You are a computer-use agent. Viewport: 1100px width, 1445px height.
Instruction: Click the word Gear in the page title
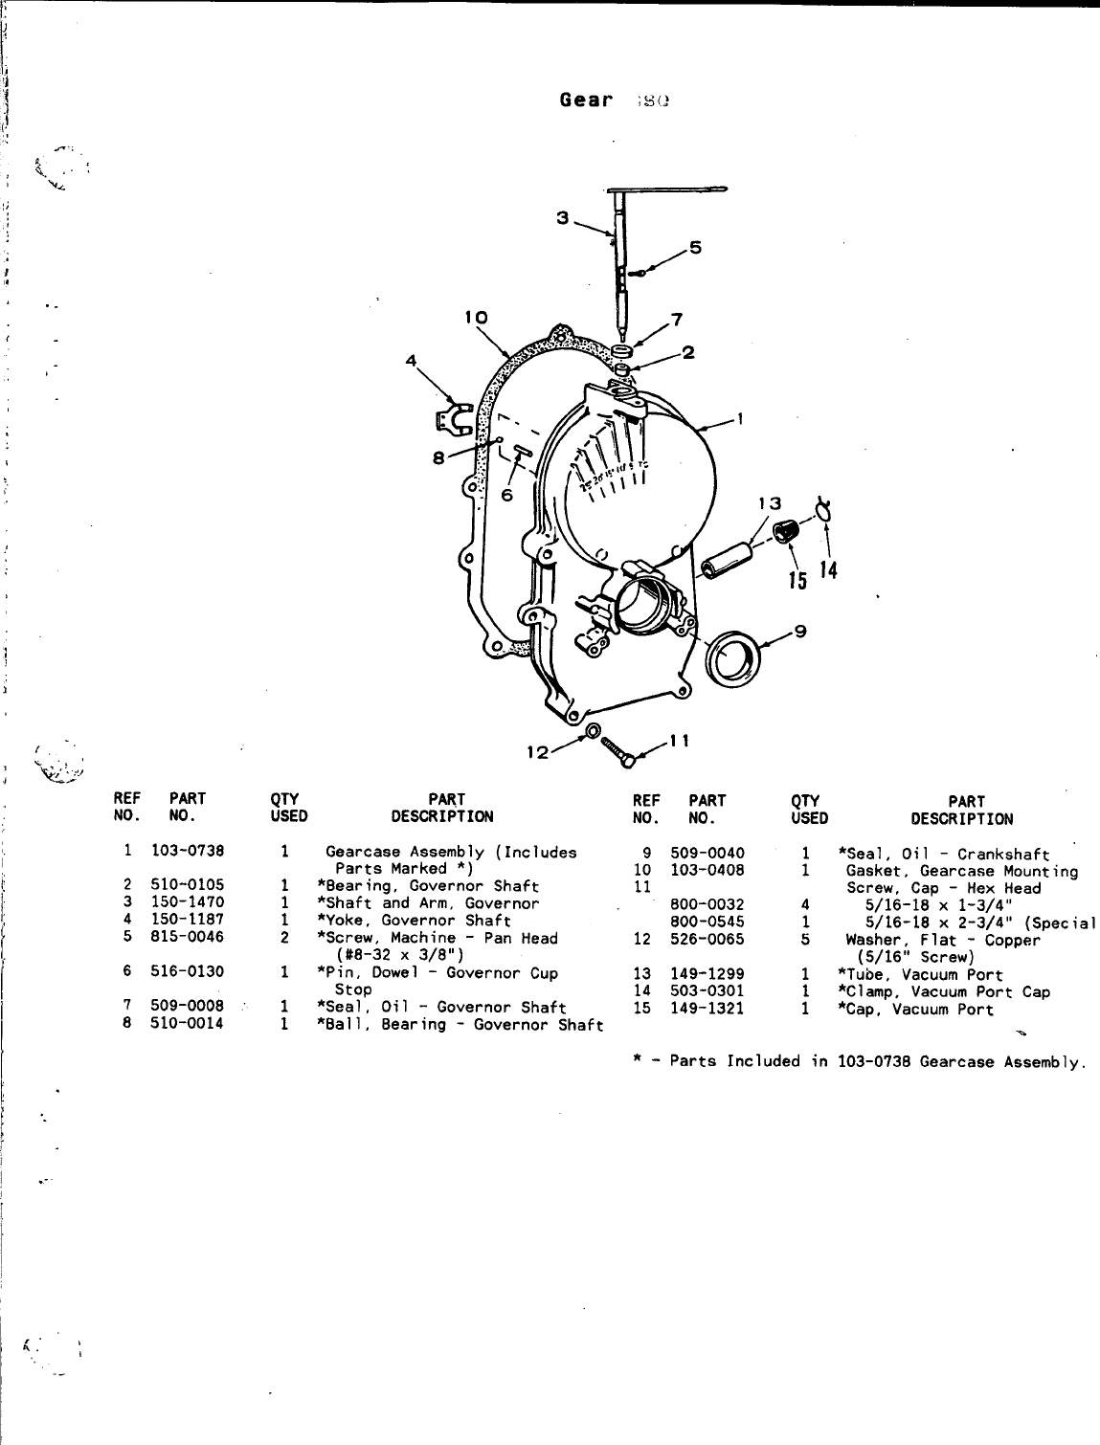click(x=586, y=100)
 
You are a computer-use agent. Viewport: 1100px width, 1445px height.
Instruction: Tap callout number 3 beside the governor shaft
click(x=563, y=218)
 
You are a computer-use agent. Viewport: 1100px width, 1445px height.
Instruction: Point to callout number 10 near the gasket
click(x=477, y=317)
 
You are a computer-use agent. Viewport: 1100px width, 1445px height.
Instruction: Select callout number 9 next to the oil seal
click(x=800, y=630)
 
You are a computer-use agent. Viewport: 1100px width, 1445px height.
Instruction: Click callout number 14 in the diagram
click(x=829, y=571)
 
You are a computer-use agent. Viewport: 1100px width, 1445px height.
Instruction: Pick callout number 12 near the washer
click(x=537, y=753)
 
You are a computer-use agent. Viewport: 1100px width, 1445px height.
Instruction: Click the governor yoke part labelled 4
click(x=448, y=418)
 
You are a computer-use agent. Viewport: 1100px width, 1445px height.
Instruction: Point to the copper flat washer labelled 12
click(x=593, y=732)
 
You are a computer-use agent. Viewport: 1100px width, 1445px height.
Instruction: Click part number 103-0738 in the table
click(x=188, y=851)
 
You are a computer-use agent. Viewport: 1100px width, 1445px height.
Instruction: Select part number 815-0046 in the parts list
click(x=188, y=937)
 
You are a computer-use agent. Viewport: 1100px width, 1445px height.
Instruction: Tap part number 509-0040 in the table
click(x=707, y=853)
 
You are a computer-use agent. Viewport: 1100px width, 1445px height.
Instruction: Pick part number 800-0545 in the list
click(x=707, y=922)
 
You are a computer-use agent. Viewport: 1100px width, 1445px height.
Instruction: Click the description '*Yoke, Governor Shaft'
click(x=414, y=920)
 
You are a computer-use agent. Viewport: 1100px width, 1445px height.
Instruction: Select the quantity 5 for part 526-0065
click(x=805, y=939)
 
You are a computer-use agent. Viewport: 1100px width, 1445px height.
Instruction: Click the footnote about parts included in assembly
click(x=859, y=1060)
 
